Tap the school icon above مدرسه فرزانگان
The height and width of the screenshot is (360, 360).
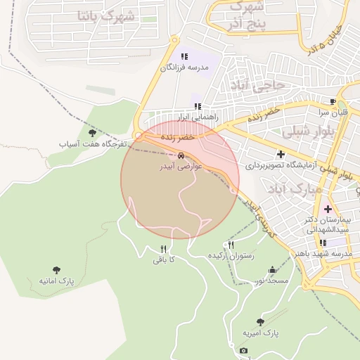[x=184, y=56]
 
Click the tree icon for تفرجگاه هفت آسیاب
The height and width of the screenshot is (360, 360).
[x=92, y=132]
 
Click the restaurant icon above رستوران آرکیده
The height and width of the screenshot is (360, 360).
[x=230, y=245]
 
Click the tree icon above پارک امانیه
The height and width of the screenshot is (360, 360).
[x=56, y=269]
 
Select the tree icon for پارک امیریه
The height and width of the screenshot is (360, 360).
[x=261, y=321]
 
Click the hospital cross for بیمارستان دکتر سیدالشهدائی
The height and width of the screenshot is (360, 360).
[x=328, y=209]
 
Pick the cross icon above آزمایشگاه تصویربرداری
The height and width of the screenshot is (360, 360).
[x=281, y=154]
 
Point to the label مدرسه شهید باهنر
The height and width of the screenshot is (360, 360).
[x=323, y=253]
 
